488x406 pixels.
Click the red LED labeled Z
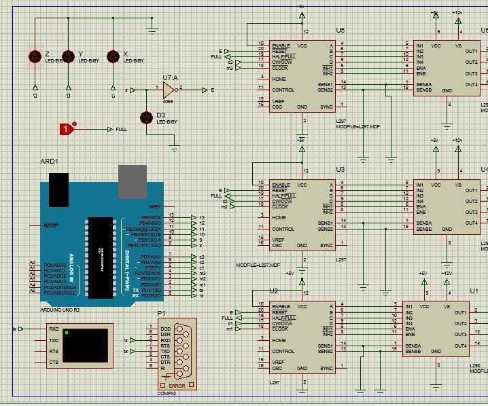tap(35, 57)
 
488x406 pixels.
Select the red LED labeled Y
tap(67, 57)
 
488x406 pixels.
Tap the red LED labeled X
tap(113, 57)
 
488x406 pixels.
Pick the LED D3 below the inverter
tap(145, 118)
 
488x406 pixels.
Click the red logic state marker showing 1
tap(67, 129)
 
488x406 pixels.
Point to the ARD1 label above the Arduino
tap(50, 162)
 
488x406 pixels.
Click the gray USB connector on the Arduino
tap(132, 178)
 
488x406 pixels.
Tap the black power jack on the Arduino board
tap(58, 185)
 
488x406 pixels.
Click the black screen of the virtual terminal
tap(84, 345)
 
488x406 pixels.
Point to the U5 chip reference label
tap(340, 31)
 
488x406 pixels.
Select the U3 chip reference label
tap(340, 170)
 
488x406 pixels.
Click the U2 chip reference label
tap(274, 291)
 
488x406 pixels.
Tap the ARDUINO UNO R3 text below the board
tap(60, 309)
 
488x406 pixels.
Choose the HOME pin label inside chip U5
tap(279, 79)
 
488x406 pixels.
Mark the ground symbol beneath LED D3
tap(175, 147)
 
